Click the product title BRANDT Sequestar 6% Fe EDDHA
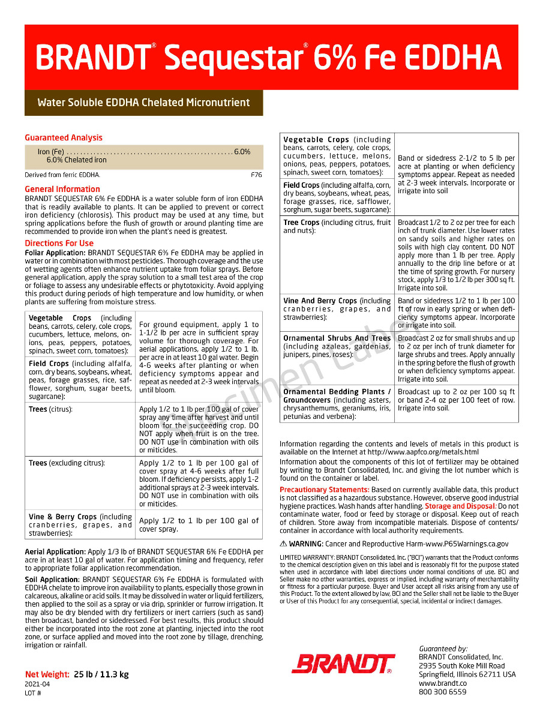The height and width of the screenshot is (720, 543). [x=268, y=58]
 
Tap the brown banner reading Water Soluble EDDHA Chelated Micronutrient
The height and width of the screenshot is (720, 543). [x=143, y=103]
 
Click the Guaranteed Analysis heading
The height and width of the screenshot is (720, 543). [x=64, y=138]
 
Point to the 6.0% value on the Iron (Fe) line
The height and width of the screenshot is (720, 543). [x=242, y=152]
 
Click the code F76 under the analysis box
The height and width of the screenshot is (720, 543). [x=256, y=175]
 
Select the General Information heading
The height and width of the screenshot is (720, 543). [x=62, y=190]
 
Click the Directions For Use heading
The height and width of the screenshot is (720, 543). [x=59, y=243]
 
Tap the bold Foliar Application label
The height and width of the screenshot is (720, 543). [x=55, y=253]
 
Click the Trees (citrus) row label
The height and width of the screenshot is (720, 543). [x=50, y=409]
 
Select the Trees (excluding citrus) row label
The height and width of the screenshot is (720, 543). [x=67, y=463]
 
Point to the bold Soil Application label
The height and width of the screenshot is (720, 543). [x=52, y=580]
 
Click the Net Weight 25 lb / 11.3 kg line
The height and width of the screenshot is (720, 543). [x=77, y=674]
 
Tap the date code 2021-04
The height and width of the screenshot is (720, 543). [x=37, y=684]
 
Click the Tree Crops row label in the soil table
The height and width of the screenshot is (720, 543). [x=301, y=223]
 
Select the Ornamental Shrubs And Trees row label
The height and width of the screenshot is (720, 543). [x=337, y=338]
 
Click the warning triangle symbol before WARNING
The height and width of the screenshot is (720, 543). [x=283, y=544]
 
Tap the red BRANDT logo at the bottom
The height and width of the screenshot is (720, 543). [x=342, y=664]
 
